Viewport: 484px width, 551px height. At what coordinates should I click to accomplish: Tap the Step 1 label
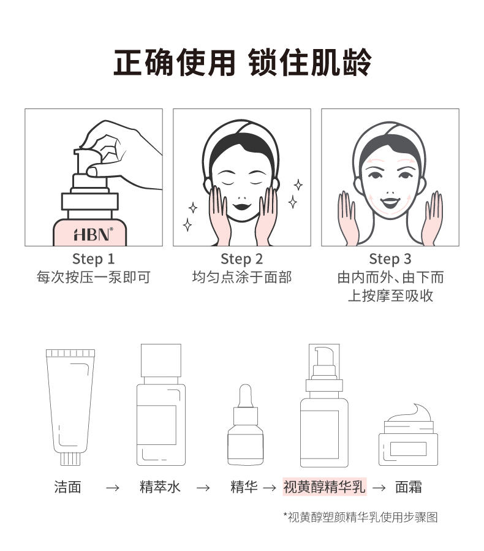pyautogui.click(x=93, y=259)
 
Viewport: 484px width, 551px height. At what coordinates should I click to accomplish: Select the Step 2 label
pyautogui.click(x=241, y=259)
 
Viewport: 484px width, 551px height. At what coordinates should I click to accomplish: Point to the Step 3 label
pyautogui.click(x=390, y=259)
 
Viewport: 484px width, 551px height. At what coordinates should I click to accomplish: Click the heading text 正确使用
pyautogui.click(x=175, y=63)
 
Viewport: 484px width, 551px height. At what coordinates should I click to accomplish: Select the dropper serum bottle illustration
pyautogui.click(x=245, y=426)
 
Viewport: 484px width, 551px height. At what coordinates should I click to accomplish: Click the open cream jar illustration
pyautogui.click(x=407, y=435)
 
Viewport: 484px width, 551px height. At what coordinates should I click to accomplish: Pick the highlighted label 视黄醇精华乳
pyautogui.click(x=324, y=487)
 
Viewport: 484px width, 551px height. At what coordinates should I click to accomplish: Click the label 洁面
pyautogui.click(x=67, y=487)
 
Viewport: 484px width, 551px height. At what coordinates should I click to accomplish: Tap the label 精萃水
pyautogui.click(x=161, y=487)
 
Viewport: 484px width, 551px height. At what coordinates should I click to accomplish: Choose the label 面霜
pyautogui.click(x=409, y=487)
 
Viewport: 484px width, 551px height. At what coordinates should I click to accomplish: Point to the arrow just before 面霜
pyautogui.click(x=379, y=488)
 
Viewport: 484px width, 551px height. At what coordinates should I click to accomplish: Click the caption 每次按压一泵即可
pyautogui.click(x=93, y=278)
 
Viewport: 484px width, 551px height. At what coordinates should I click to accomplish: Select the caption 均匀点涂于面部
pyautogui.click(x=241, y=278)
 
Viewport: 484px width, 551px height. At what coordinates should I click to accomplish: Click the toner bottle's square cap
pyautogui.click(x=161, y=360)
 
